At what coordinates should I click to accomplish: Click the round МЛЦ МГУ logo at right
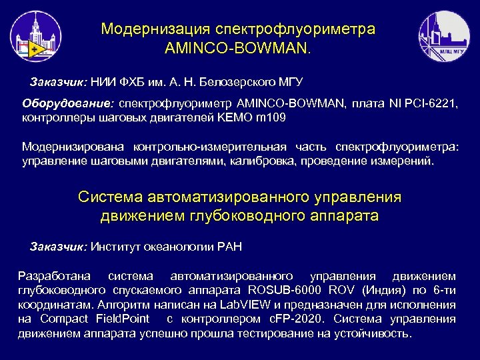click(x=443, y=36)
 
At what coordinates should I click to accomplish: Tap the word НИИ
click(x=103, y=82)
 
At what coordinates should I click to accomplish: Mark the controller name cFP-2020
click(x=309, y=319)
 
